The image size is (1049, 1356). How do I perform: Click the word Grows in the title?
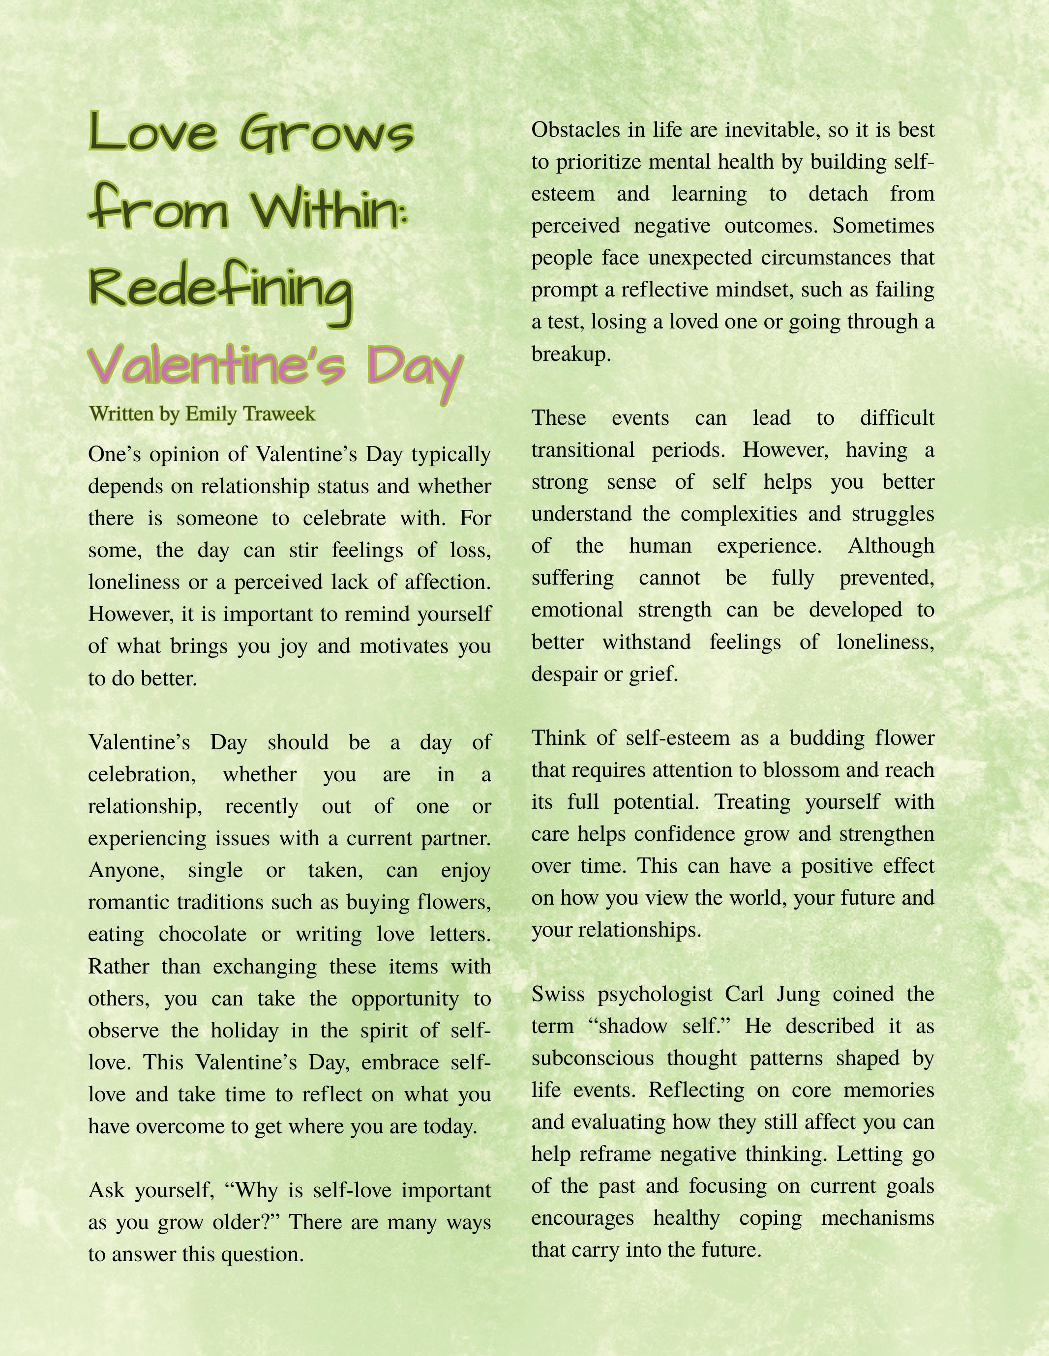pyautogui.click(x=327, y=134)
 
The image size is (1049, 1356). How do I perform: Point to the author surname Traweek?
pyautogui.click(x=281, y=414)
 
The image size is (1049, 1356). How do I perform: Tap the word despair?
pyautogui.click(x=562, y=674)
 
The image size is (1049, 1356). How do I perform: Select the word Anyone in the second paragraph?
pyautogui.click(x=126, y=870)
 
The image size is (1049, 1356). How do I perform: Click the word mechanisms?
pyautogui.click(x=877, y=1218)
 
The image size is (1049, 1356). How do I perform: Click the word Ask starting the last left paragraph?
pyautogui.click(x=106, y=1190)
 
